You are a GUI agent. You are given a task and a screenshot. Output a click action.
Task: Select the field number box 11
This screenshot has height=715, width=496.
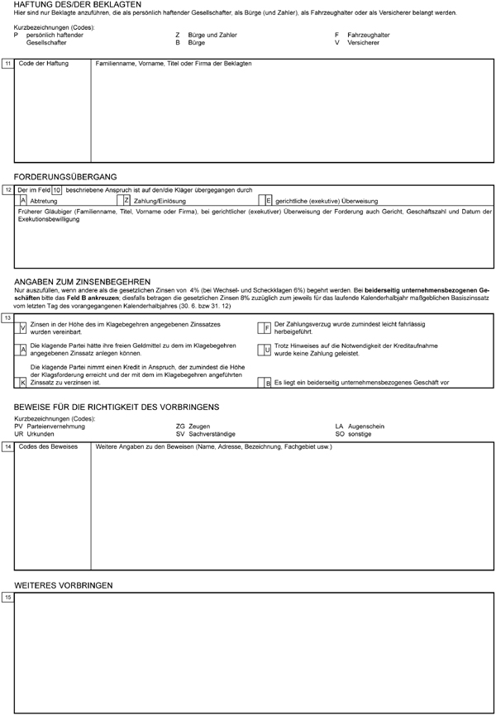pyautogui.click(x=7, y=64)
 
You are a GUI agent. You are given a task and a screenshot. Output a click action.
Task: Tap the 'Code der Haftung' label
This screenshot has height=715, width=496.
pyautogui.click(x=42, y=64)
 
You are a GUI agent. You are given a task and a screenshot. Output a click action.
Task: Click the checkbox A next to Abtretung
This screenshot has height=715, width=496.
pyautogui.click(x=22, y=200)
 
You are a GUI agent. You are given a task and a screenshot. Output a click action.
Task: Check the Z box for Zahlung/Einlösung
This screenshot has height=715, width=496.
pyautogui.click(x=126, y=200)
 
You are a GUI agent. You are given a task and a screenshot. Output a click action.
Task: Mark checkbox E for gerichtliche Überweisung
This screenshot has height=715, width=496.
pyautogui.click(x=268, y=200)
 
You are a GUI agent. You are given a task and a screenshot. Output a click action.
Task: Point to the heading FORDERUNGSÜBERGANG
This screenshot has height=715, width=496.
pyautogui.click(x=65, y=177)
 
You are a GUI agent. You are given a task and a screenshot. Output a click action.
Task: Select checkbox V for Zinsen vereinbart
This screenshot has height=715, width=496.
pyautogui.click(x=22, y=327)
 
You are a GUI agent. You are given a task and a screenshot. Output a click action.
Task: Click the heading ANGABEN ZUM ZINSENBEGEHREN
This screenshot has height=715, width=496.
pyautogui.click(x=83, y=281)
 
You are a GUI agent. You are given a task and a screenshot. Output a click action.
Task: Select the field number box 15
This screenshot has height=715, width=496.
pyautogui.click(x=7, y=596)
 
